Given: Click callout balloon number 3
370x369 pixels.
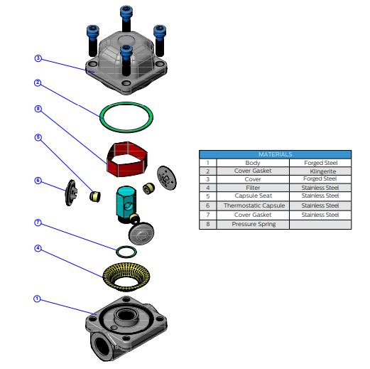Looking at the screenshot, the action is (38, 58).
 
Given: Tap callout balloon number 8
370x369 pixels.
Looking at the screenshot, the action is (38, 109).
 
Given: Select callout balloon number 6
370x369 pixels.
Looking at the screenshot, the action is (38, 181).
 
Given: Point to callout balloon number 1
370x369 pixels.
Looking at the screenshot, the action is (37, 299).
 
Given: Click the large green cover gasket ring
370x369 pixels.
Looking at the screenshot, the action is (100, 117).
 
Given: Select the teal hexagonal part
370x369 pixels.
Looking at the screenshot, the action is (126, 202).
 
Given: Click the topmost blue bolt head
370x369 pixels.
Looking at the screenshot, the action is (126, 11).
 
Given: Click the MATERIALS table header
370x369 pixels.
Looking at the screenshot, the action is (276, 154).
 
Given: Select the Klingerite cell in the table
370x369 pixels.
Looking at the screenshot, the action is (320, 171).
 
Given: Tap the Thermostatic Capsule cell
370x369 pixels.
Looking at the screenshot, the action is (253, 205).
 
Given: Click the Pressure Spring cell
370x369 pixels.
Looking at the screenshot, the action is (253, 224).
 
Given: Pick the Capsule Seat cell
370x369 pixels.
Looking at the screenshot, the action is (253, 196).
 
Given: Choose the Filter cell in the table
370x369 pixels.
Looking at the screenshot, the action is (253, 188).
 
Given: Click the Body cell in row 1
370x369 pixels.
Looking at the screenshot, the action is (253, 163).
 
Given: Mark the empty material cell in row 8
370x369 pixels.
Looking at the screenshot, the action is (320, 224).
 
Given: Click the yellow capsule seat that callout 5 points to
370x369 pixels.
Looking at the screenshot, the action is (95, 196).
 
